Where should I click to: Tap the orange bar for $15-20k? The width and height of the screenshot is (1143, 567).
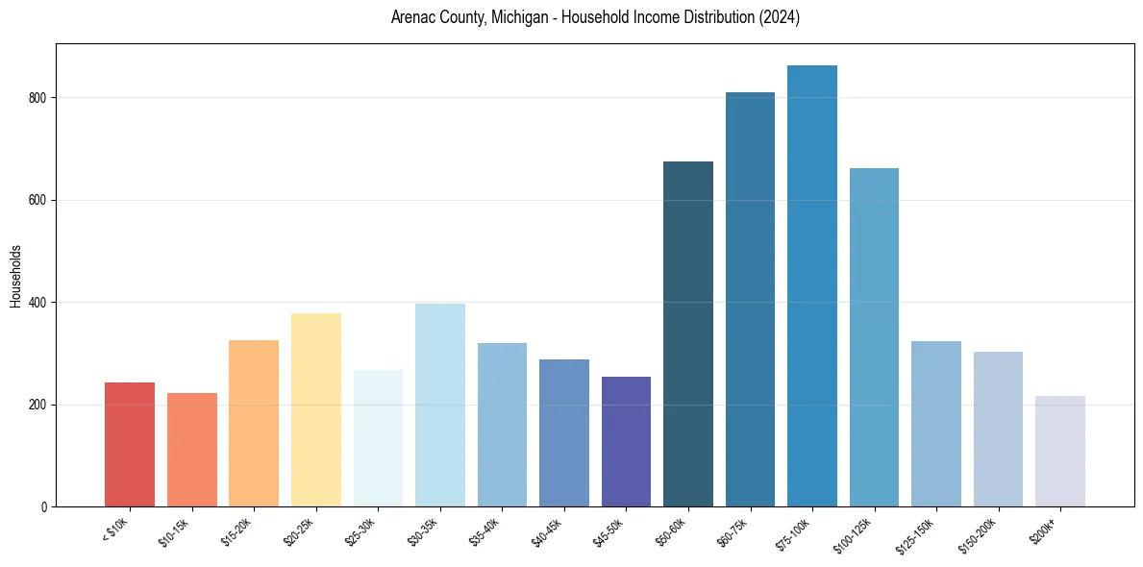pyautogui.click(x=254, y=423)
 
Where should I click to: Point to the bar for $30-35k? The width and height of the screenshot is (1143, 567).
pyautogui.click(x=439, y=405)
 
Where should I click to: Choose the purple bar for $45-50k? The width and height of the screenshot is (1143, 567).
pyautogui.click(x=626, y=441)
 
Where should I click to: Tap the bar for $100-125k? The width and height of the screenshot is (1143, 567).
pyautogui.click(x=874, y=337)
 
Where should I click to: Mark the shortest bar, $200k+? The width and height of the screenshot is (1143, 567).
pyautogui.click(x=1060, y=451)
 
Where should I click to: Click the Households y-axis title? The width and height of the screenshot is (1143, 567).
pyautogui.click(x=15, y=275)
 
